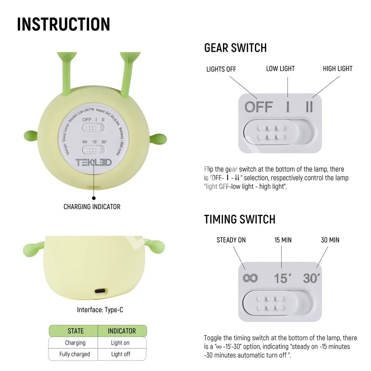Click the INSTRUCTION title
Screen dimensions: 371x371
(64, 24)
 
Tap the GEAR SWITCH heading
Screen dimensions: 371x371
(236, 48)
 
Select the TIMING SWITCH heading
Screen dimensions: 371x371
(240, 219)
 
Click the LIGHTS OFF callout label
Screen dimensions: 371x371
(221, 69)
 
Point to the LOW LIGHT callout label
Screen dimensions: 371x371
(280, 69)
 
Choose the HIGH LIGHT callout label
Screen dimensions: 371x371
(338, 69)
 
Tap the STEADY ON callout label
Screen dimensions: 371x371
(231, 240)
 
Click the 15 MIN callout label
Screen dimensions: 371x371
(283, 240)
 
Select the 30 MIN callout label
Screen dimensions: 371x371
(330, 240)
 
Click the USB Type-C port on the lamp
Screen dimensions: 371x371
(101, 291)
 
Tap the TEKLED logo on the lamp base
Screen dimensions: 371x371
(93, 162)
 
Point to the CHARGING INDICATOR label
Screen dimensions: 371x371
(92, 207)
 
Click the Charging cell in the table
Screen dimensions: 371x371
(75, 342)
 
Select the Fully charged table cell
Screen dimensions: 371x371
(75, 354)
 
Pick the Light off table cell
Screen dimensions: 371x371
(121, 354)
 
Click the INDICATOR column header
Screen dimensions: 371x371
(122, 331)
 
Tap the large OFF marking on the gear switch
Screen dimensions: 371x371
(259, 107)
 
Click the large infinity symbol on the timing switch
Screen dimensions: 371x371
(250, 278)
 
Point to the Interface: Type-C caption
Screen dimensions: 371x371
(100, 310)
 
